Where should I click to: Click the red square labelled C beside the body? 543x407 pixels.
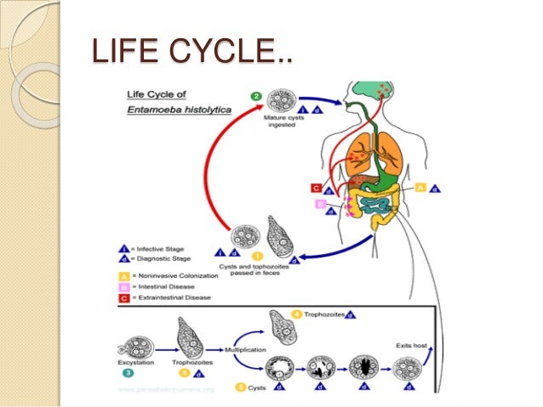(316, 188)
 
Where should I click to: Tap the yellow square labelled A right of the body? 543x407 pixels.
(420, 188)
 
